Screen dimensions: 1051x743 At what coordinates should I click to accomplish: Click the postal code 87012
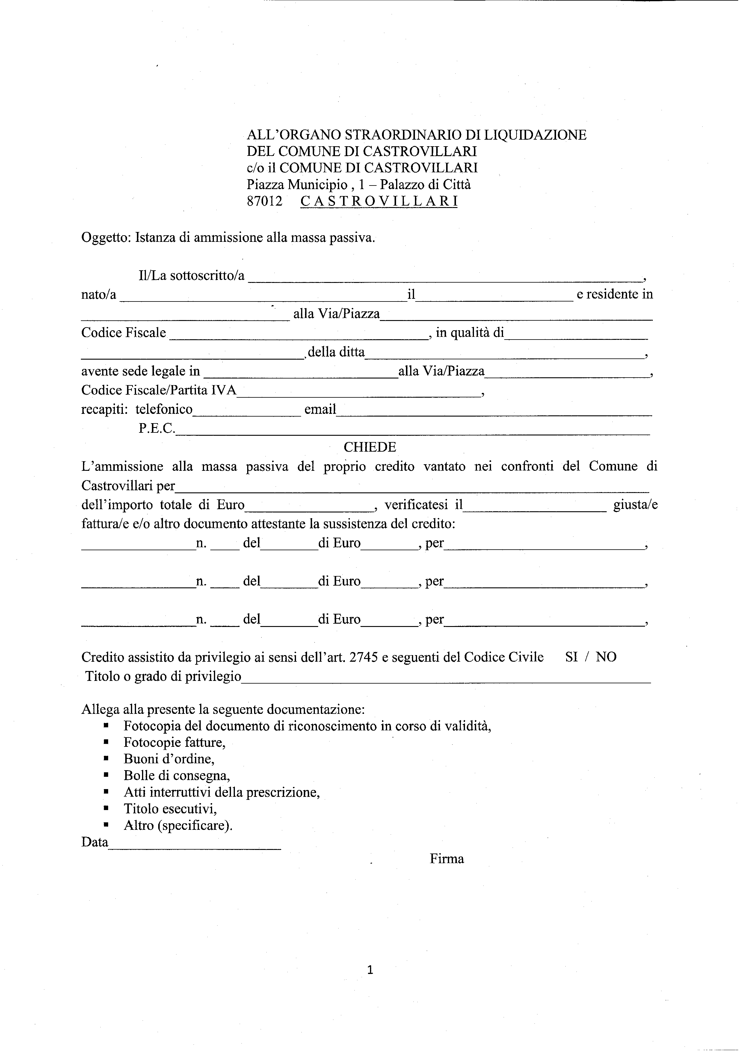pos(265,201)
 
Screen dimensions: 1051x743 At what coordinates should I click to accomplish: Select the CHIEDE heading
pos(370,447)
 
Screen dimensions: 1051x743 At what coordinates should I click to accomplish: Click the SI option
pos(571,657)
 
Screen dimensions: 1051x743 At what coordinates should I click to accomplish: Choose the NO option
pos(606,657)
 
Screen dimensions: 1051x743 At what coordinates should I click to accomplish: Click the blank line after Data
pos(194,848)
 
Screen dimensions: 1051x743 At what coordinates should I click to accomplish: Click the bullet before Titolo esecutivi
pos(106,809)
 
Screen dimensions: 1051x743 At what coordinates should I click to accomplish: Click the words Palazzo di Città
pos(425,185)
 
